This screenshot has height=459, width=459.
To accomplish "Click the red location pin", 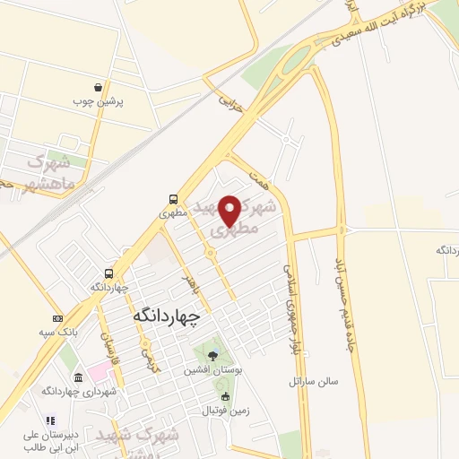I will (x=229, y=209).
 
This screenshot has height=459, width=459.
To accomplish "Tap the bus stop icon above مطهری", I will (x=171, y=200).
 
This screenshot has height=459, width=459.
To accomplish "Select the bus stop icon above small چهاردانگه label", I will (x=108, y=273).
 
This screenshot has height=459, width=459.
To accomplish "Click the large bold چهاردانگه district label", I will (x=168, y=315).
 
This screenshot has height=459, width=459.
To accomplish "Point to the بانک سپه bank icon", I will (x=58, y=319).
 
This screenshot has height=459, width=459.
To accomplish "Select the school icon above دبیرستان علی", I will (x=50, y=420).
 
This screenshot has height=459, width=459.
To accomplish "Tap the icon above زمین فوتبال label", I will (x=224, y=396).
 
